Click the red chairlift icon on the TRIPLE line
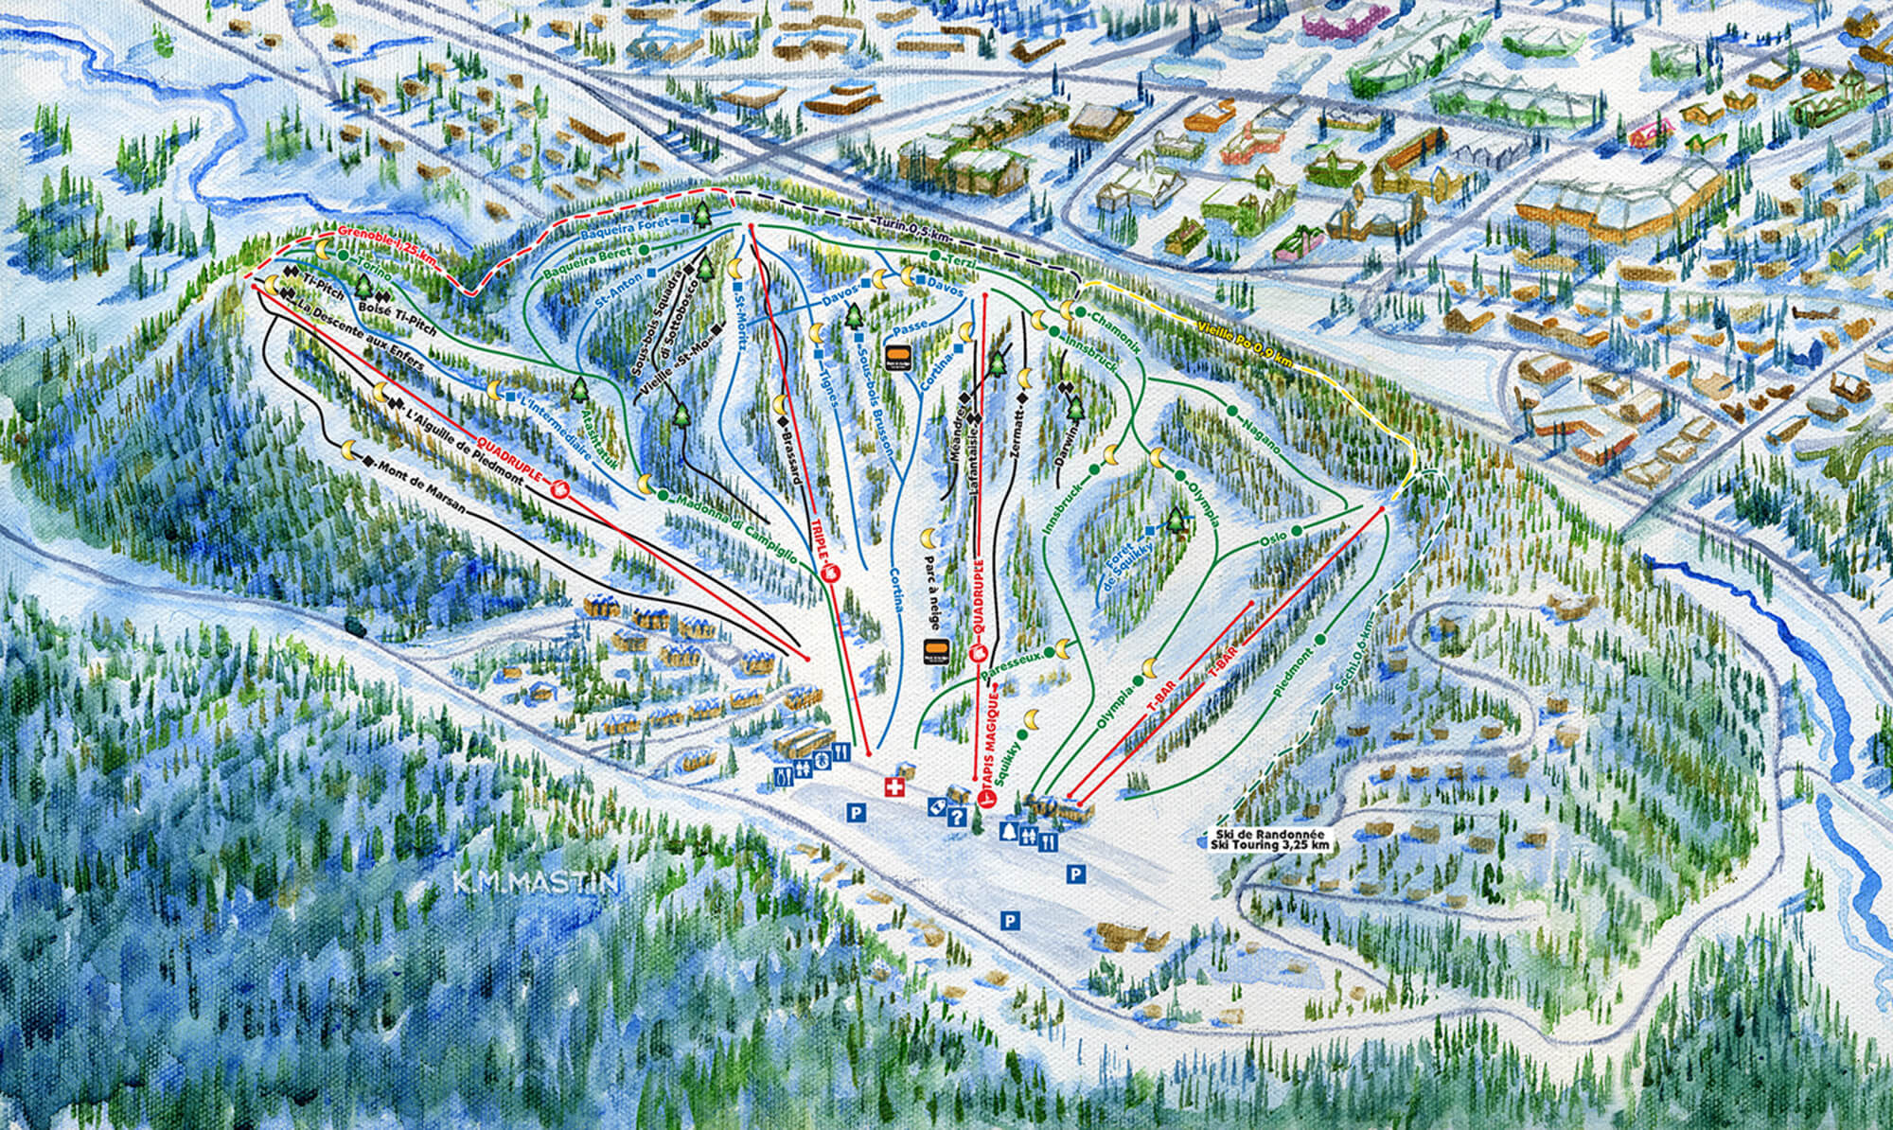pyautogui.click(x=833, y=573)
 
